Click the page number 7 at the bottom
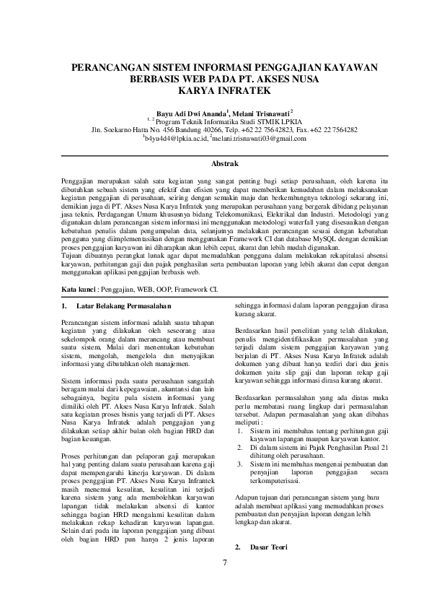[x=214, y=563]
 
